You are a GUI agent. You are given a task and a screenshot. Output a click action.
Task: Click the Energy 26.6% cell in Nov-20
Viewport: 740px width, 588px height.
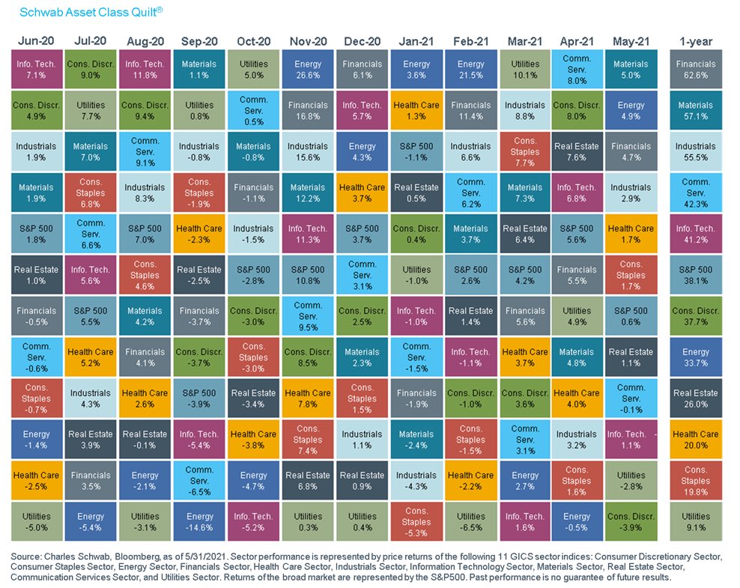click(x=307, y=70)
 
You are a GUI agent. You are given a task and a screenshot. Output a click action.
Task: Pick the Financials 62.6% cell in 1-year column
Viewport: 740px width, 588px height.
click(x=695, y=70)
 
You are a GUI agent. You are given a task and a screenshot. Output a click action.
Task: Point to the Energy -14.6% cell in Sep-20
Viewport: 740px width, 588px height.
click(x=199, y=521)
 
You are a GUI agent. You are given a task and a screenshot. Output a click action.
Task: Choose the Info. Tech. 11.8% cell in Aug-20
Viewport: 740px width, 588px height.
click(x=145, y=70)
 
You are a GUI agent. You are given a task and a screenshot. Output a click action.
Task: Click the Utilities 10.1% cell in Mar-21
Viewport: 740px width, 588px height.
click(x=524, y=70)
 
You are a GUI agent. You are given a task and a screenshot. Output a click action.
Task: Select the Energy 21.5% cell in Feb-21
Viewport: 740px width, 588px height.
click(x=470, y=70)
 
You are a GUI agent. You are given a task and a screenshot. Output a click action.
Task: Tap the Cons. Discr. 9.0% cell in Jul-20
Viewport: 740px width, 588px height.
click(x=91, y=70)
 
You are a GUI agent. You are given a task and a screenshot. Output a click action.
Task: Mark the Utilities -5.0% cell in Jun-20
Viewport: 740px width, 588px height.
click(x=36, y=521)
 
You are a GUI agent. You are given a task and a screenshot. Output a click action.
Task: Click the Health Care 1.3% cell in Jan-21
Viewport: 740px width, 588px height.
click(x=416, y=111)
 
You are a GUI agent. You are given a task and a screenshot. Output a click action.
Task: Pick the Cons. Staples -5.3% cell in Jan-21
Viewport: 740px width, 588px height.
click(x=416, y=521)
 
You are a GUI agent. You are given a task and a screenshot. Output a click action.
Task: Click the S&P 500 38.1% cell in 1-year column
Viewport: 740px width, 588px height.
click(x=695, y=275)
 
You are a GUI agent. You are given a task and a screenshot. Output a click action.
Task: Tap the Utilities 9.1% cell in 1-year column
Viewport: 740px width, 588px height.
click(x=695, y=521)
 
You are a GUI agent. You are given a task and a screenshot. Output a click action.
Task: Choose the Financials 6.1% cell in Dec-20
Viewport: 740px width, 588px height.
click(x=362, y=70)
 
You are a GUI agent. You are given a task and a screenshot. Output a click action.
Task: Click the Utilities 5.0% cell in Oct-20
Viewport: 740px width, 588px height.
click(x=253, y=70)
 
